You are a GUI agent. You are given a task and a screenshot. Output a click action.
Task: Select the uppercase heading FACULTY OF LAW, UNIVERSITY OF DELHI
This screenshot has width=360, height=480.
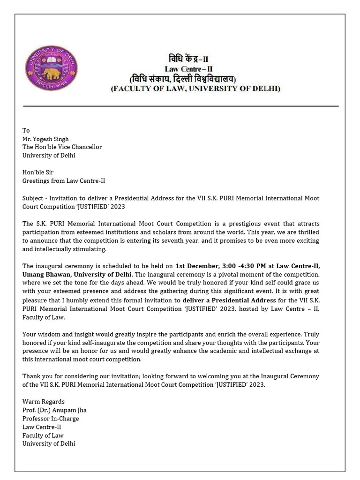(x=195, y=89)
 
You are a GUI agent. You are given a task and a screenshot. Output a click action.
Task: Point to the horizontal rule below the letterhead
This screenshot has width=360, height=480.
(x=180, y=106)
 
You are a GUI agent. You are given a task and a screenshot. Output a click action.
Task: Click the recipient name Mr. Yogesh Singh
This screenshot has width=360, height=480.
(x=45, y=139)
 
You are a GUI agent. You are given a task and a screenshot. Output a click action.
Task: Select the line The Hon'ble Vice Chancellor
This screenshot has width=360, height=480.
(x=62, y=147)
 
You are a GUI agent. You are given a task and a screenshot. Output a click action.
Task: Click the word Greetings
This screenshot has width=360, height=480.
(x=37, y=181)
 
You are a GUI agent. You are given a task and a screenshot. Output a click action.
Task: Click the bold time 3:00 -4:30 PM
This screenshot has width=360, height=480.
(x=243, y=266)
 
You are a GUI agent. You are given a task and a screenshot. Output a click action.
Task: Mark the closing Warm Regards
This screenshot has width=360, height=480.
(x=44, y=401)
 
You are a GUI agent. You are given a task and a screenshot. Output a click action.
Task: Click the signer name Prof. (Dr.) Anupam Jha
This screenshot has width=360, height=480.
(x=54, y=410)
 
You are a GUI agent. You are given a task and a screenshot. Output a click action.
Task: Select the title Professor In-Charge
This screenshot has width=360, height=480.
(x=51, y=418)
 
